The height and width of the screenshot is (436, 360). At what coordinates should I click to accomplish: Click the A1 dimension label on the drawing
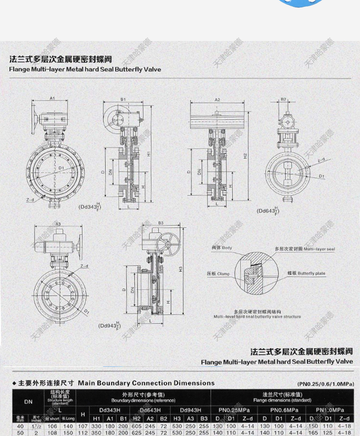(52, 97)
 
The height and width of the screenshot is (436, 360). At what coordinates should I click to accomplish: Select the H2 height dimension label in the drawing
(245, 156)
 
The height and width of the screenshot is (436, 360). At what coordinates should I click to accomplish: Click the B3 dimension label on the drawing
(161, 223)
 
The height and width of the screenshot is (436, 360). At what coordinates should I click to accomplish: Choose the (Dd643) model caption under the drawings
(268, 210)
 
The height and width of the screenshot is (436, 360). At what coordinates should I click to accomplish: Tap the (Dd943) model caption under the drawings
(110, 326)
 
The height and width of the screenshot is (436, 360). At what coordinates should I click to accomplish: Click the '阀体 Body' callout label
(221, 248)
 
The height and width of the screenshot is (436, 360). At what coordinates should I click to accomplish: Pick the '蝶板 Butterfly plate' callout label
(306, 273)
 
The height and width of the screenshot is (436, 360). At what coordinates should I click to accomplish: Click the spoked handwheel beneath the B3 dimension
(167, 243)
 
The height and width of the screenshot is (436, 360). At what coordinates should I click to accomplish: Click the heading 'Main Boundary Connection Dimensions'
(146, 383)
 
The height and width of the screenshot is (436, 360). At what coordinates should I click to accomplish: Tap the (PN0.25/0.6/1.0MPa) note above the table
(325, 384)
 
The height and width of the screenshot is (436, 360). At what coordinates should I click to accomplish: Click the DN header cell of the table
(28, 402)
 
